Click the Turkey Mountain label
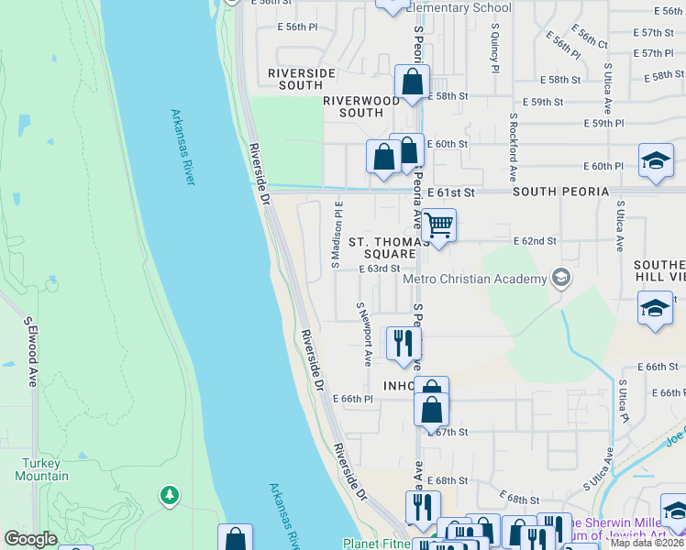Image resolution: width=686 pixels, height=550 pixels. [41, 469]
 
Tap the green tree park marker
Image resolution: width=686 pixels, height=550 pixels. [169, 496]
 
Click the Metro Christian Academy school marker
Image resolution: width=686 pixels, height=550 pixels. [560, 279]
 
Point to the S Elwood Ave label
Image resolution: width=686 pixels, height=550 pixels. [30, 353]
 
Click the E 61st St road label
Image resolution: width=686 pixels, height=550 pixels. [455, 192]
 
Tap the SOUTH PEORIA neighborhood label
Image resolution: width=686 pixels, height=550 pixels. [560, 192]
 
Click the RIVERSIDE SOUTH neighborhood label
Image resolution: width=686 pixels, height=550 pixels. [302, 79]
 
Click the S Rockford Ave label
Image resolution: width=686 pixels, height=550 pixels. [514, 148]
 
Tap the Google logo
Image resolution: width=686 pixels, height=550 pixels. [30, 539]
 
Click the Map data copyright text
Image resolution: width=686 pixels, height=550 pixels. [647, 543]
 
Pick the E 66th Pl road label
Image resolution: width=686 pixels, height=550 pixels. [356, 399]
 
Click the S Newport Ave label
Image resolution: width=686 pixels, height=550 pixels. [364, 335]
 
